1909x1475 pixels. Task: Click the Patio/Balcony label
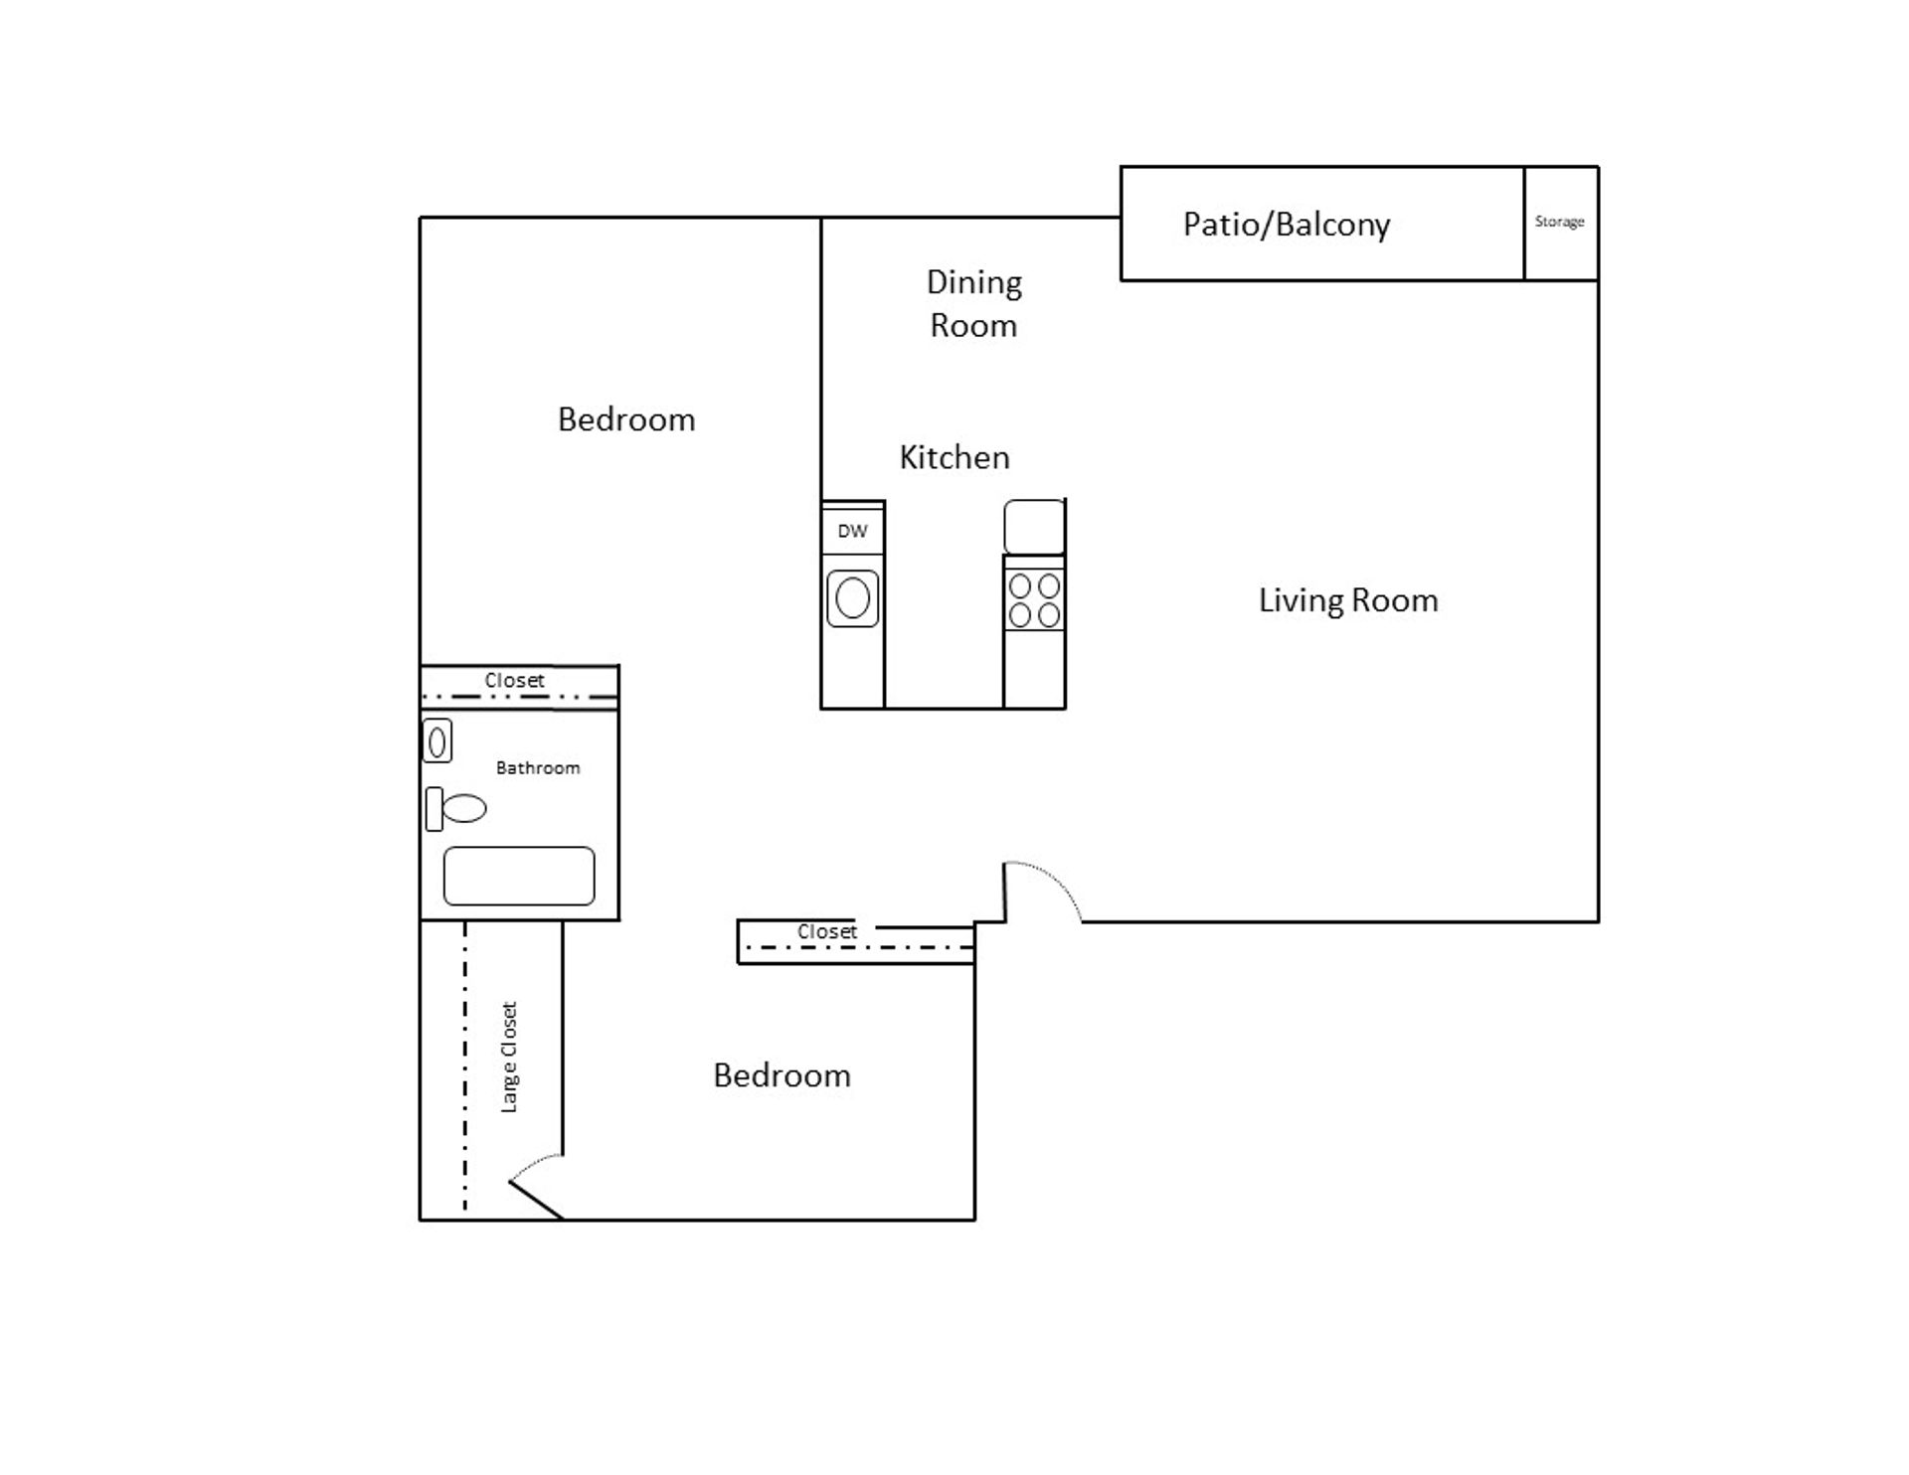click(x=1286, y=225)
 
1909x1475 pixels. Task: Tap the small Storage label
click(x=1559, y=222)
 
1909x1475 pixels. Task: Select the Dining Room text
click(x=973, y=304)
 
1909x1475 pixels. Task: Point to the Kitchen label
click(x=954, y=457)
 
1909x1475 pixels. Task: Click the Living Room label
click(x=1348, y=600)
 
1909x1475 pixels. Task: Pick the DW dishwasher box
click(x=852, y=531)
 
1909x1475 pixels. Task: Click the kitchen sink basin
click(x=853, y=598)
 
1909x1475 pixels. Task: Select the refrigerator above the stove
click(x=1034, y=527)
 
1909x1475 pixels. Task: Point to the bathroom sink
click(x=437, y=741)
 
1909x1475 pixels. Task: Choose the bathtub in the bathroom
click(x=519, y=876)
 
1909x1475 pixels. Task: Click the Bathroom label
click(x=538, y=768)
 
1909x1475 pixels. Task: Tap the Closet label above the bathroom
click(x=514, y=681)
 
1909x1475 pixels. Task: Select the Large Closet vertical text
click(x=509, y=1057)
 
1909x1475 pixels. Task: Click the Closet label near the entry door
click(x=826, y=932)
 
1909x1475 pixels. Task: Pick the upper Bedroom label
click(x=626, y=419)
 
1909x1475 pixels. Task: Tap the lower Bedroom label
click(x=781, y=1075)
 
